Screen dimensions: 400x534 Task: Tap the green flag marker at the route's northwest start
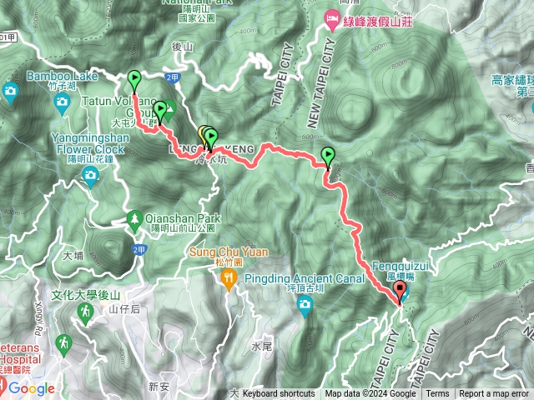pos(135,80)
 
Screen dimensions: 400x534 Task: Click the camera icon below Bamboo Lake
pos(62,102)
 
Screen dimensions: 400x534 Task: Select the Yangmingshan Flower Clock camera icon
pos(90,173)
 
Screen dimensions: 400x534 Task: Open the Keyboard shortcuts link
pos(279,394)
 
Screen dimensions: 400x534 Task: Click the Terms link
pos(437,394)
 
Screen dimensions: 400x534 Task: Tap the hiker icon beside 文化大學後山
pos(85,312)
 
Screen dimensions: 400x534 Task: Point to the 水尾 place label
pos(258,345)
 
